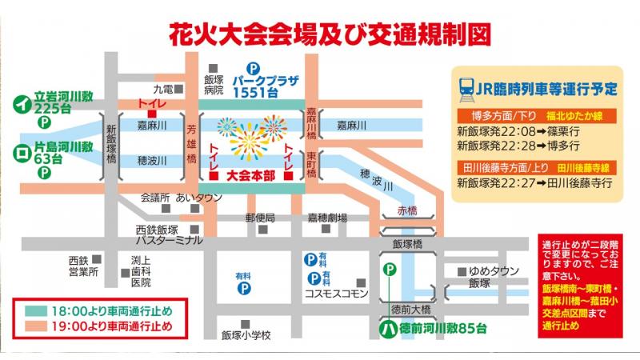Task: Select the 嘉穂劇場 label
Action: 327,217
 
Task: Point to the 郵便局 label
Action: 260,217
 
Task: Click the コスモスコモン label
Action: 336,294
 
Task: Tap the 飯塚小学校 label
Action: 244,334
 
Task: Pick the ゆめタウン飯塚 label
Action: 490,277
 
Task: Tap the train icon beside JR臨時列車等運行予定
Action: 465,88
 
